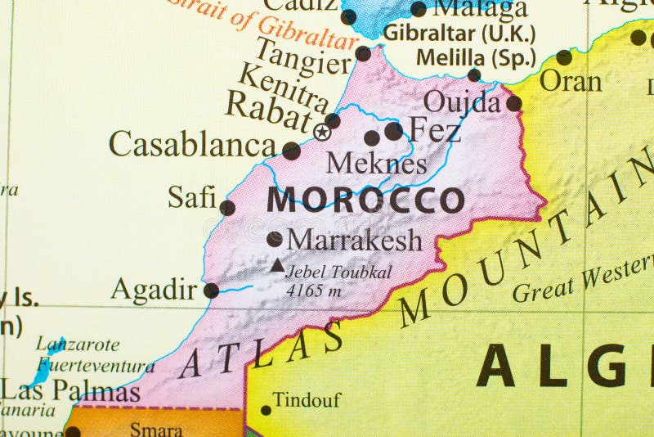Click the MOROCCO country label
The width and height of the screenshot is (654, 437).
[365, 200]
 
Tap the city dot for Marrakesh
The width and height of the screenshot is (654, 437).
[275, 239]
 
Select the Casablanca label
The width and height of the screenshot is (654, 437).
[193, 145]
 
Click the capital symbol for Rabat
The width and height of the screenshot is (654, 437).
[323, 132]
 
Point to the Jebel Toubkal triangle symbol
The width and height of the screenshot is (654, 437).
[278, 264]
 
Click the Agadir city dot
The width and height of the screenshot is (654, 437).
[211, 290]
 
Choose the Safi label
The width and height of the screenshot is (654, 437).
[192, 197]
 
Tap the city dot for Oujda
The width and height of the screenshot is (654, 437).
[513, 103]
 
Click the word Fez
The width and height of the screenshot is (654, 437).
[434, 129]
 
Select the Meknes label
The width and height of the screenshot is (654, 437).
[377, 164]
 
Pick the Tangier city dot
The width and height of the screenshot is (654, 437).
[363, 54]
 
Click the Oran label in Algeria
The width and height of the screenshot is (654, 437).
[571, 81]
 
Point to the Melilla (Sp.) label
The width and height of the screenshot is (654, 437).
[476, 58]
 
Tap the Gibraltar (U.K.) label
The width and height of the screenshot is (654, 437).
[459, 34]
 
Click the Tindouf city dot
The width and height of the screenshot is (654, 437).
[266, 411]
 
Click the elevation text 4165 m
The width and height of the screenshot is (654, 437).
[315, 290]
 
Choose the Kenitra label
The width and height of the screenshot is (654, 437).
[283, 88]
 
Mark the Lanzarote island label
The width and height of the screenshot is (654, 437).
[78, 345]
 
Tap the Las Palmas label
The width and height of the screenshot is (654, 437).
[70, 391]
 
